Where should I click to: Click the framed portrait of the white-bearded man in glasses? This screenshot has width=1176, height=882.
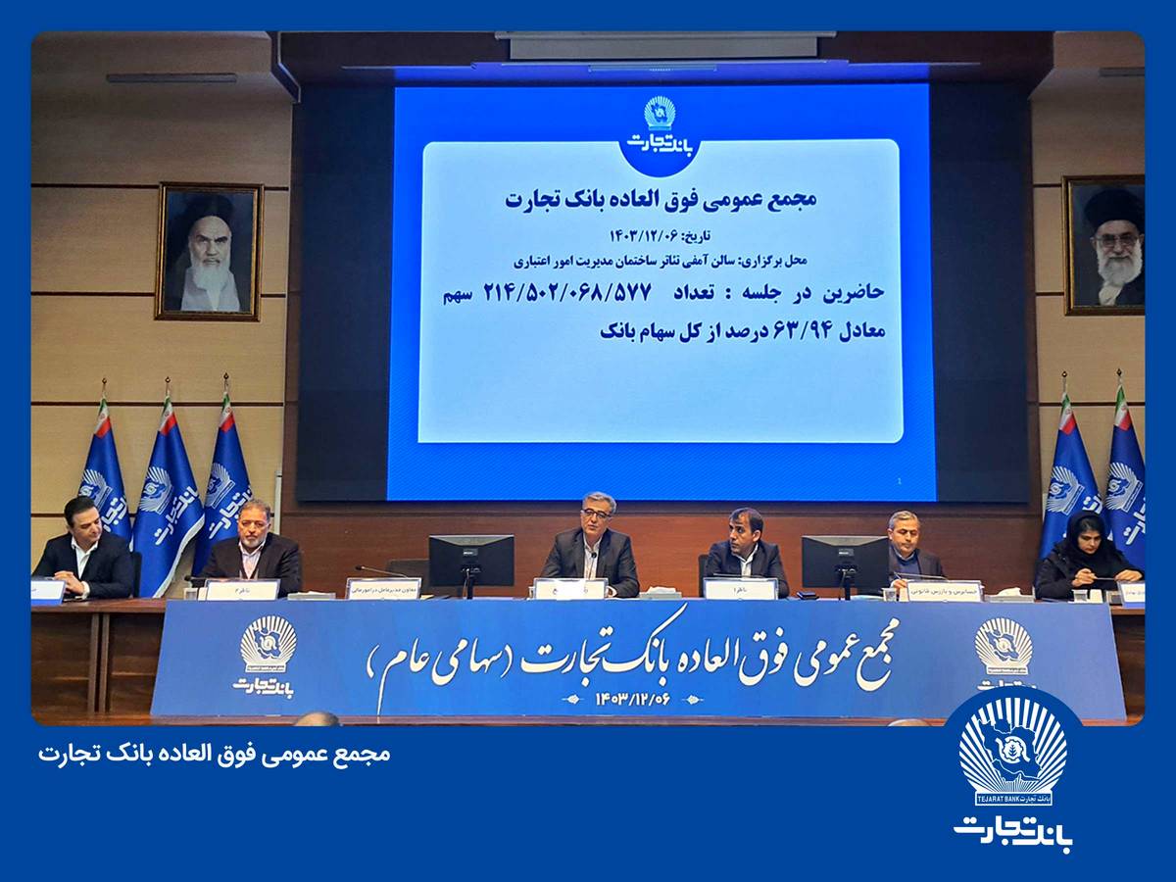1104,245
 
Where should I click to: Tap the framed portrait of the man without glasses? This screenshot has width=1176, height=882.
209,251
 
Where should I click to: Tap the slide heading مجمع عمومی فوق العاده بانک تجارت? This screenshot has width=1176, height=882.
661,199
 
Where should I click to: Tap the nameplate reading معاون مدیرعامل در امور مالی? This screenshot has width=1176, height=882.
383,588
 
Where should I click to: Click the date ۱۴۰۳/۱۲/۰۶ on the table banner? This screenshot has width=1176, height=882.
636,700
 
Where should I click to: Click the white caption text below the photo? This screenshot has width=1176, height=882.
215,754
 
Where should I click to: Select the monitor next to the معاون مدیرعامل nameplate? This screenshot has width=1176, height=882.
470,561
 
